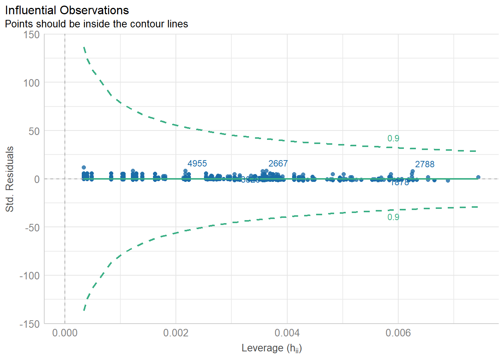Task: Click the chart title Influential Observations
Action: point(67,10)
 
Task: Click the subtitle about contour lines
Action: point(96,24)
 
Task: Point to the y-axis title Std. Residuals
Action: point(10,179)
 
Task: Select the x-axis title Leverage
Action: point(271,348)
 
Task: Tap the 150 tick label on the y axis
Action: point(31,34)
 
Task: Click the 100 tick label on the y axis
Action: point(31,83)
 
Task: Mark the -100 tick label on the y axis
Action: point(30,276)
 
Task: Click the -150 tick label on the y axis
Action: point(30,324)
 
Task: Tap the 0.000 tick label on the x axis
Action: point(65,333)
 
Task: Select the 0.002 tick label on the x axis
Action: point(176,333)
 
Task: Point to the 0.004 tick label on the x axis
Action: point(287,333)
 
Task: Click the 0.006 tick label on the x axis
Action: point(398,333)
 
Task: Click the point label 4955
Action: point(197,163)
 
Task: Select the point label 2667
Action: point(278,163)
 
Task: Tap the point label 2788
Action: point(424,164)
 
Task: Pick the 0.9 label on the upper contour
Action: point(393,138)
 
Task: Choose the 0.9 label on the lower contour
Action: point(393,217)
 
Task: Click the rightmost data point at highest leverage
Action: point(478,177)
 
